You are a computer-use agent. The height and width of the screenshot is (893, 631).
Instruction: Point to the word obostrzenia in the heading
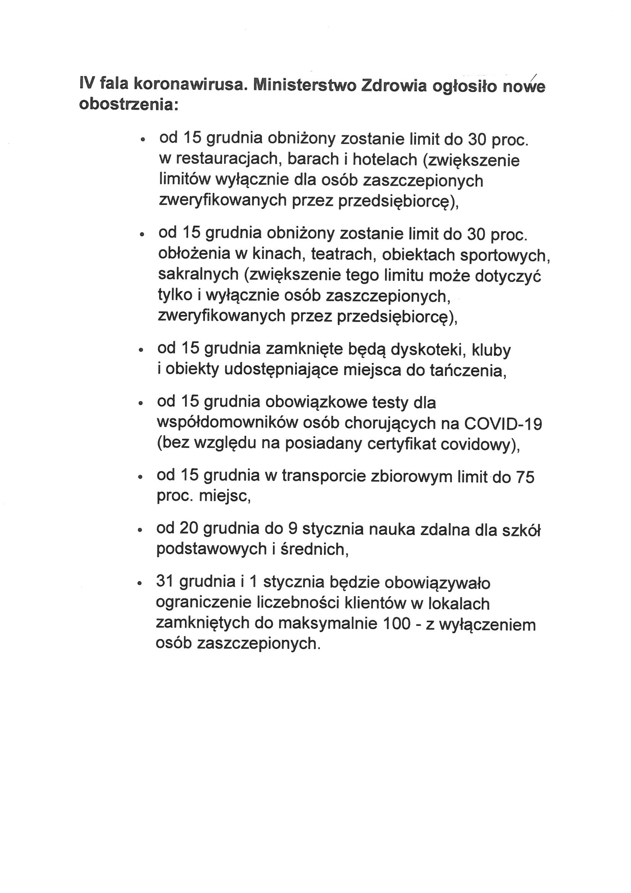click(x=129, y=104)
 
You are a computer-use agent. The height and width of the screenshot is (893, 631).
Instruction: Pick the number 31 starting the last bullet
click(x=165, y=582)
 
